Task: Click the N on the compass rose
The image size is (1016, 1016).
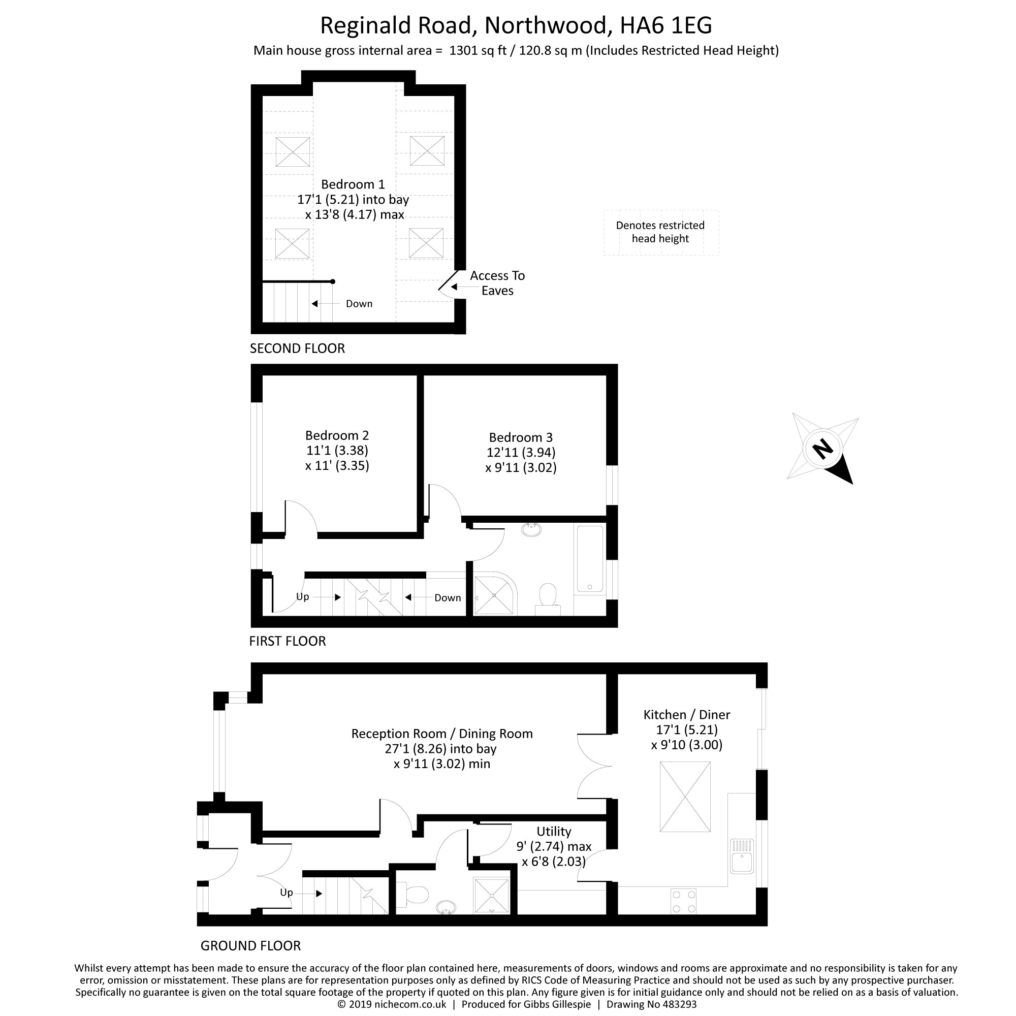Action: (x=823, y=450)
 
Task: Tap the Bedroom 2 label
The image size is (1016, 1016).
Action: (x=337, y=435)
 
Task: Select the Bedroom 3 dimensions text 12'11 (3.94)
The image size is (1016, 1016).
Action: (x=521, y=452)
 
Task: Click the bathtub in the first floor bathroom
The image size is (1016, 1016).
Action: (x=589, y=558)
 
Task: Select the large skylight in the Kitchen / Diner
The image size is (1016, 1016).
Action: (x=685, y=797)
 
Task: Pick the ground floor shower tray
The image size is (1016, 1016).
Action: (x=492, y=896)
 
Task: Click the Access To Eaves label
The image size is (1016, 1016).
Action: (x=496, y=283)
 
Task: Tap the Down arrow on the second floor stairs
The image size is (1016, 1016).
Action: (x=315, y=304)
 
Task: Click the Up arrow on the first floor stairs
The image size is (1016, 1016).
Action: (x=337, y=597)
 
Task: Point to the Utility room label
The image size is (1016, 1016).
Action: (x=553, y=832)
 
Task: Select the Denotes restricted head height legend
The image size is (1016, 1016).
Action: (x=660, y=232)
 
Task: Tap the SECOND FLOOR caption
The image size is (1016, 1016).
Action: (x=297, y=348)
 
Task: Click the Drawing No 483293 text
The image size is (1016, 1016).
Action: (x=651, y=1004)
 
